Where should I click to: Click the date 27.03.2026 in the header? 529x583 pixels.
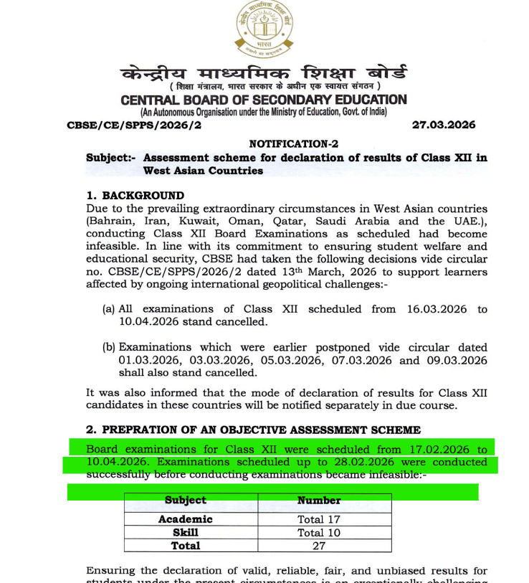pyautogui.click(x=444, y=125)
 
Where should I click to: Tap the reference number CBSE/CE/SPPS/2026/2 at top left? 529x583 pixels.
pyautogui.click(x=134, y=125)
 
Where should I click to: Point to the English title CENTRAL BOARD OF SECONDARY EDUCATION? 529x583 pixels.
pyautogui.click(x=263, y=100)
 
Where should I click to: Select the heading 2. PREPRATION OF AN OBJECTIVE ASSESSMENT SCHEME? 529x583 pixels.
pyautogui.click(x=253, y=430)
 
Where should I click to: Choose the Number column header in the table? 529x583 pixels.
pyautogui.click(x=319, y=501)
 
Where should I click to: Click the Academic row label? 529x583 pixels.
pyautogui.click(x=185, y=519)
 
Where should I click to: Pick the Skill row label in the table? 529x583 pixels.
pyautogui.click(x=185, y=533)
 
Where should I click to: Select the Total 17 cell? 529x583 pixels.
pyautogui.click(x=319, y=519)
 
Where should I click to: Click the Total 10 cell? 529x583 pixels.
pyautogui.click(x=319, y=533)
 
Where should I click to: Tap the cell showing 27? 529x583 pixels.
pyautogui.click(x=319, y=546)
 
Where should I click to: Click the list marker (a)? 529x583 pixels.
pyautogui.click(x=109, y=309)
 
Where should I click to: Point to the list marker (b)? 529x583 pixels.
pyautogui.click(x=109, y=347)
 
